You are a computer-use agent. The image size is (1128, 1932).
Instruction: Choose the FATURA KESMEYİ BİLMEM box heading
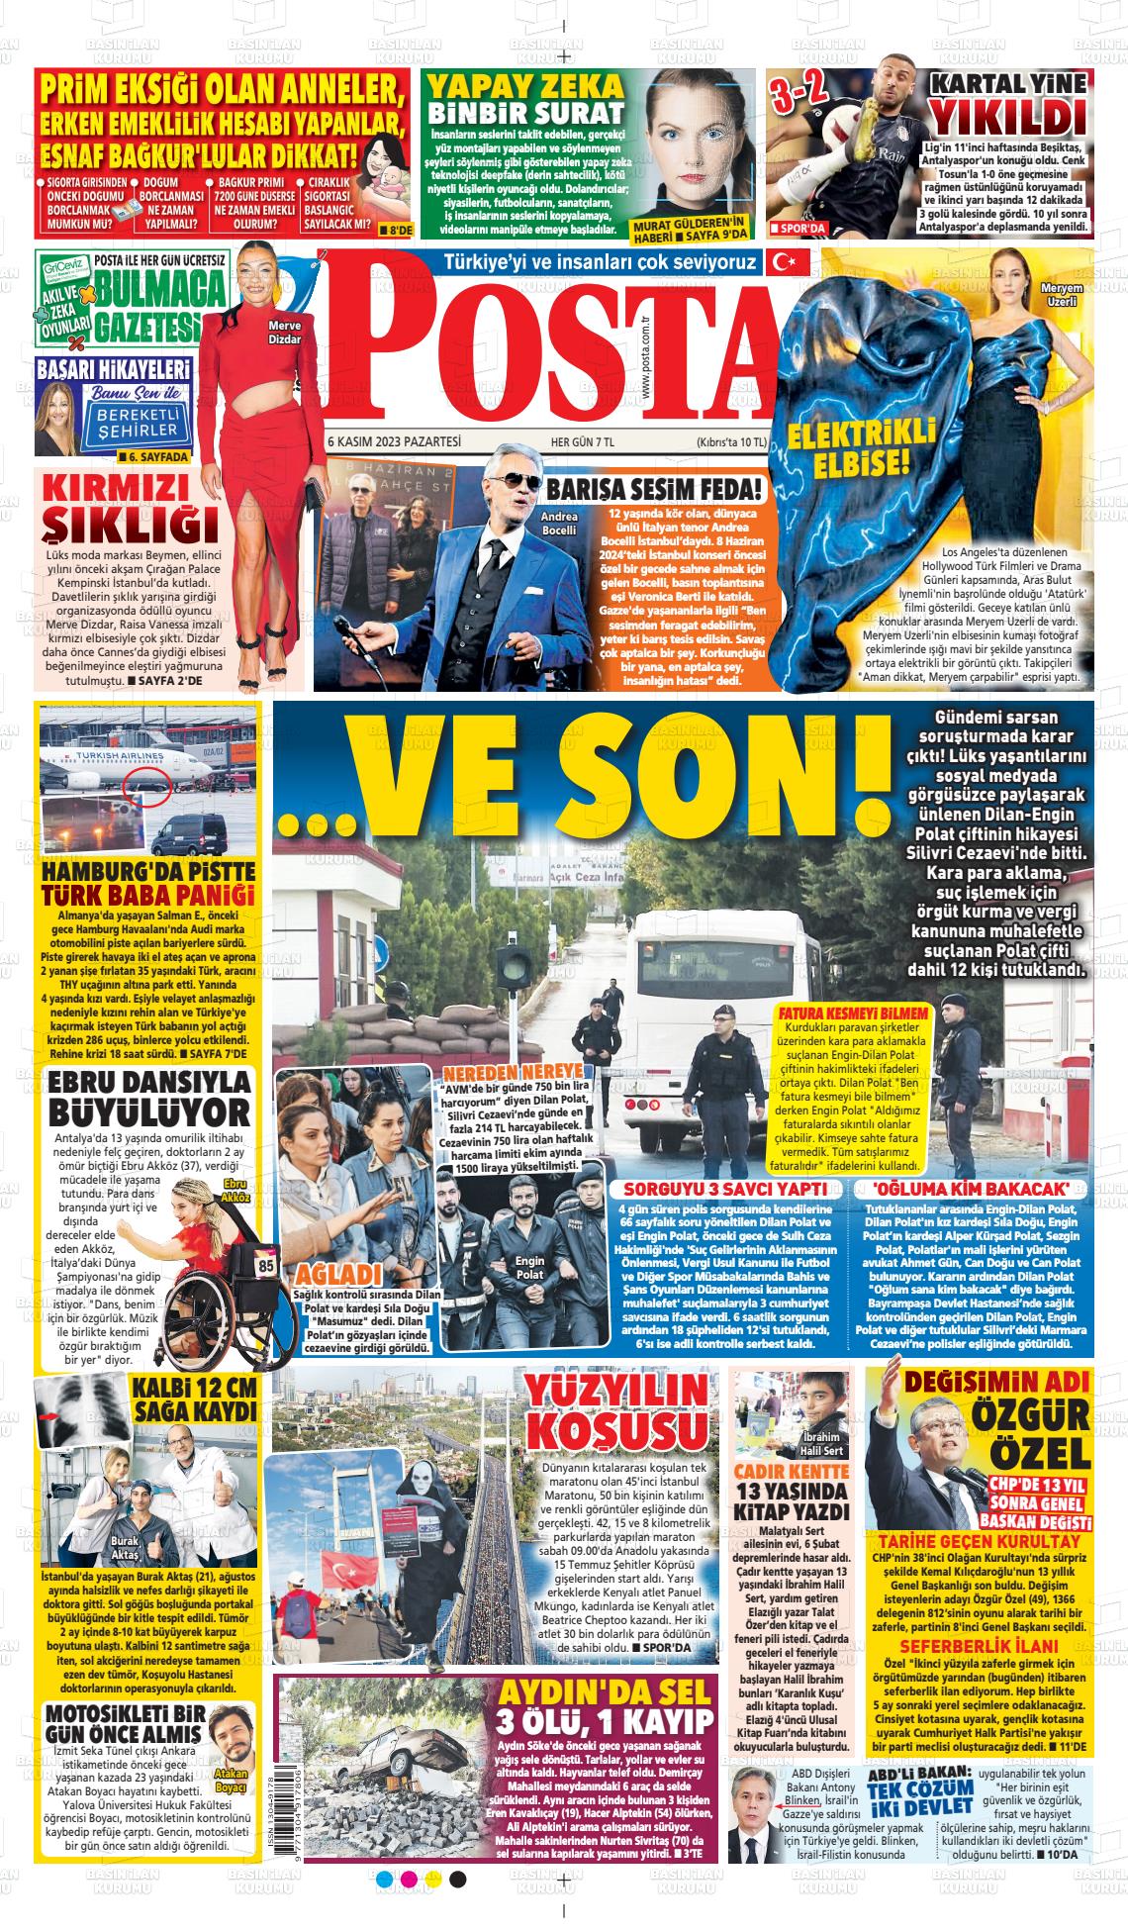pos(853,1014)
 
